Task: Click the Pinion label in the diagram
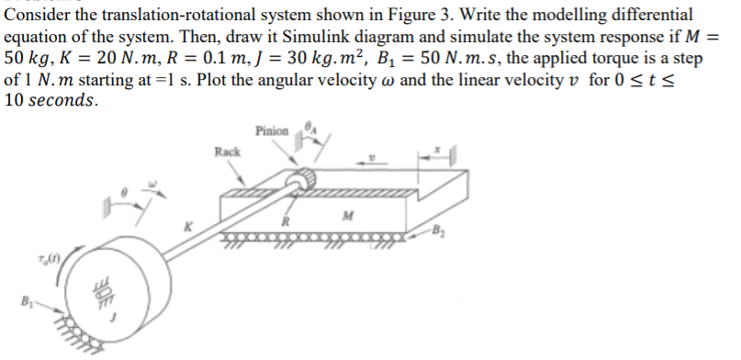click(x=272, y=130)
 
